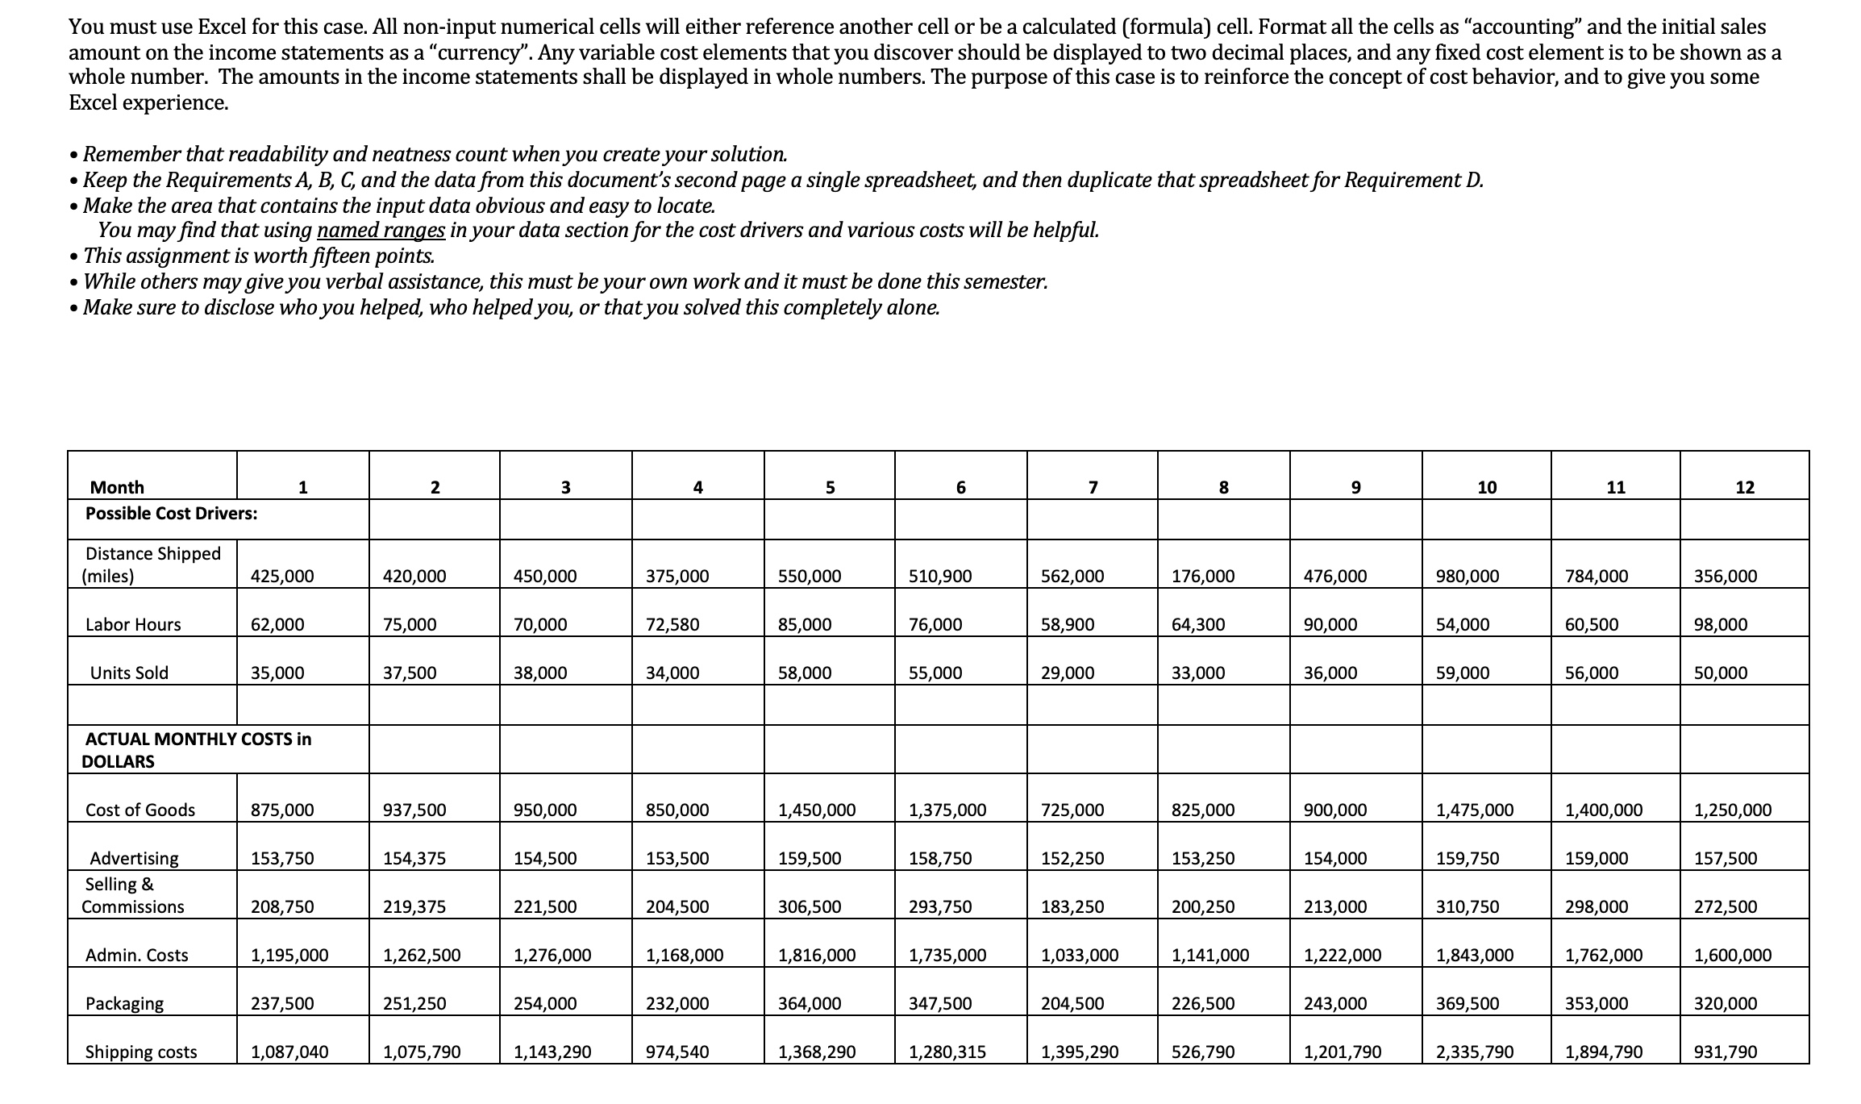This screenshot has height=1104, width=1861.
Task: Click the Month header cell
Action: (x=117, y=487)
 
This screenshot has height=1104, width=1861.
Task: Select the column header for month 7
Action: (x=1093, y=487)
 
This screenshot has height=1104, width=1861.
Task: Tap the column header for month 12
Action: (x=1744, y=487)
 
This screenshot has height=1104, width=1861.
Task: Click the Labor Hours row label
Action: (x=133, y=624)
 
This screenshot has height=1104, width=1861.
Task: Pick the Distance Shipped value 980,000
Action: (x=1468, y=576)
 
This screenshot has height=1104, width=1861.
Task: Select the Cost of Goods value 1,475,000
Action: (x=1475, y=810)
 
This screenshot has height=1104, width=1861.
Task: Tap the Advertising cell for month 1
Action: (x=282, y=858)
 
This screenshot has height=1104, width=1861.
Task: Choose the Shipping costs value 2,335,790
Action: (x=1475, y=1052)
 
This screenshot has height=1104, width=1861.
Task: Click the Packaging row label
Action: (x=124, y=1003)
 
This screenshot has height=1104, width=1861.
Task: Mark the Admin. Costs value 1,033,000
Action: (x=1080, y=955)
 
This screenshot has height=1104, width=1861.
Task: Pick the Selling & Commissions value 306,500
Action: (x=810, y=906)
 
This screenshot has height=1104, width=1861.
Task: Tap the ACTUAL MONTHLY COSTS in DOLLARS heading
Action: (x=198, y=750)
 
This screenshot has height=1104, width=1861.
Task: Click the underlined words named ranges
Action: (x=381, y=231)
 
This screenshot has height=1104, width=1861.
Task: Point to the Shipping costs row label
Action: (x=141, y=1052)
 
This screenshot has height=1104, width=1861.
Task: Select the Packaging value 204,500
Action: (x=1072, y=1003)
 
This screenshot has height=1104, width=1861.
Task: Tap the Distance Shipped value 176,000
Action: (x=1202, y=576)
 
